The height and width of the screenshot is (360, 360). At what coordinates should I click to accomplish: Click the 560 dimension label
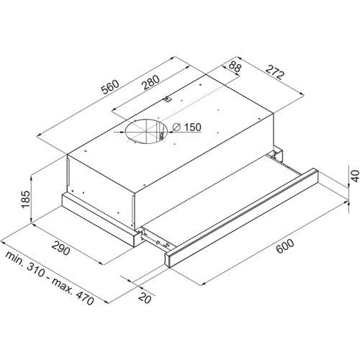(x=110, y=86)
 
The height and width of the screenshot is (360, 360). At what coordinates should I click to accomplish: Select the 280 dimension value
(x=150, y=82)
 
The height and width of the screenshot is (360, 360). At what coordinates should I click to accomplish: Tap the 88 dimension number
(x=235, y=66)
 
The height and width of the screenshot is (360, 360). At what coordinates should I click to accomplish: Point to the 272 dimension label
(x=275, y=72)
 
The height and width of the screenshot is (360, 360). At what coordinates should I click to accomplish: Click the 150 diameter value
(x=192, y=127)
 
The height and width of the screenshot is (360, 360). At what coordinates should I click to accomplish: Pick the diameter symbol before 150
(x=176, y=127)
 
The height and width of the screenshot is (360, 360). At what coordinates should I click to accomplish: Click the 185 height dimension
(x=25, y=199)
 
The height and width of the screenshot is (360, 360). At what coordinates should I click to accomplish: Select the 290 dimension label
(x=61, y=248)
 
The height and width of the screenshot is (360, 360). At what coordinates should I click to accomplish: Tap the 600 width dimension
(x=285, y=246)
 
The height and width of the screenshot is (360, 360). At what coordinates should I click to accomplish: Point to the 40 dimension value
(x=355, y=176)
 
